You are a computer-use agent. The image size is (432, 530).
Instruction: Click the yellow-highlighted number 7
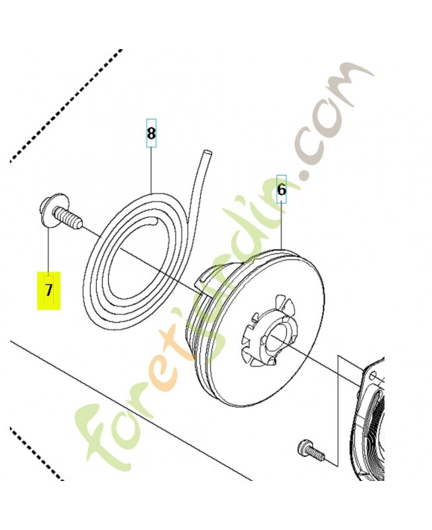click(x=49, y=290)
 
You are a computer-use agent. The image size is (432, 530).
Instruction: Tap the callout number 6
click(x=282, y=190)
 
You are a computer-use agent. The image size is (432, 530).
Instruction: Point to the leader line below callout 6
click(x=282, y=225)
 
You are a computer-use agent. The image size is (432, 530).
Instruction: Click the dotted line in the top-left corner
click(x=66, y=106)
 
